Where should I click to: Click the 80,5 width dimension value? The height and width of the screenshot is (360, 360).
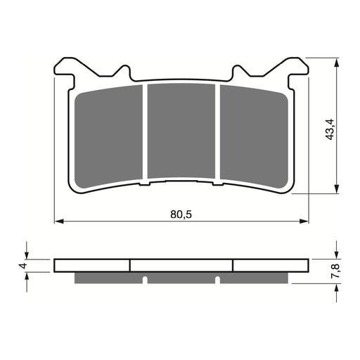[182, 214]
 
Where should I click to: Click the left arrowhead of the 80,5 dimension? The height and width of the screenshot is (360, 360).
[58, 221]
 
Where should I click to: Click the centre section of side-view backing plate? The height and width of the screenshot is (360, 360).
[181, 266]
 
